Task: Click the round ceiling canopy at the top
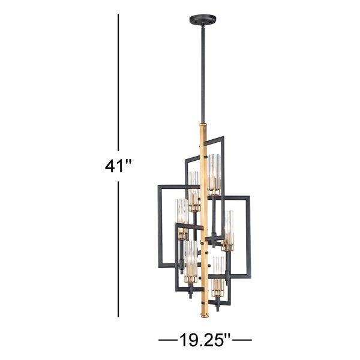203,20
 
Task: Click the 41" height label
118,166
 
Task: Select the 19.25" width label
205,340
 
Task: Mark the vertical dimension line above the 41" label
118,82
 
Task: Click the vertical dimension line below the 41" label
118,249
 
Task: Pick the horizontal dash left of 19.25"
168,340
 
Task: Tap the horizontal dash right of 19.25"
242,340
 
